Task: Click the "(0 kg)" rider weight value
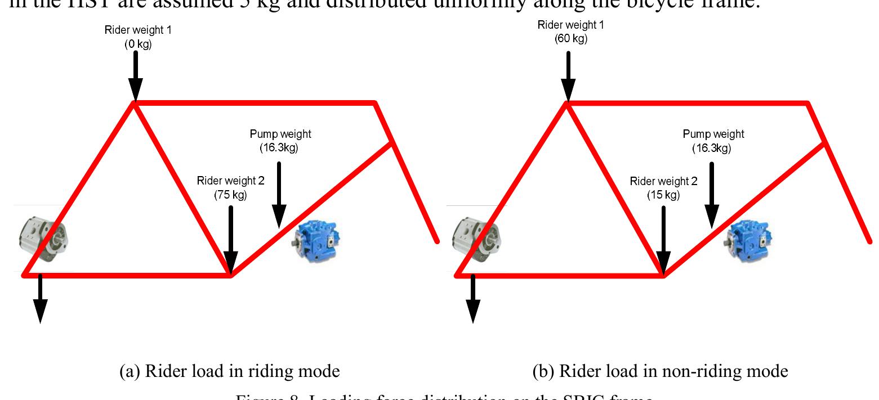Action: [x=138, y=44]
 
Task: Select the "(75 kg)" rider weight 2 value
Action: [x=230, y=195]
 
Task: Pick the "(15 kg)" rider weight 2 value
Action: [x=663, y=195]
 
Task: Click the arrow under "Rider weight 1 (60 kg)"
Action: [x=568, y=76]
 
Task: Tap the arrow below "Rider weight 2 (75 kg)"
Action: [x=230, y=236]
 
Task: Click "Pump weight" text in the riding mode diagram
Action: [x=280, y=134]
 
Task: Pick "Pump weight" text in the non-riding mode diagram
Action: [x=713, y=134]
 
